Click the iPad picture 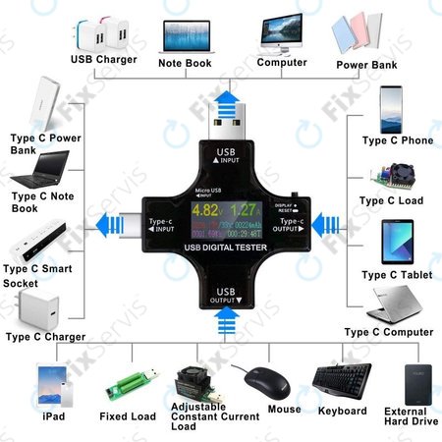point(51,384)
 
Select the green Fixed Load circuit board point(127,384)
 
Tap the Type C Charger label point(46,337)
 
